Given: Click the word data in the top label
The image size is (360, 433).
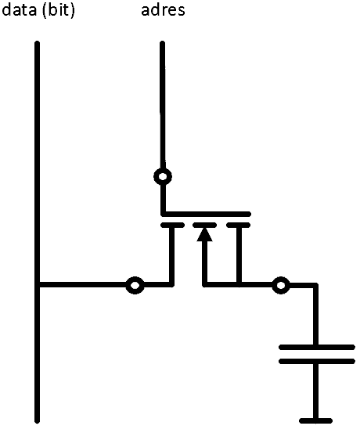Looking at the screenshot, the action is tap(20, 10).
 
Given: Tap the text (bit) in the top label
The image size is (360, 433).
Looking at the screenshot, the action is tap(59, 11).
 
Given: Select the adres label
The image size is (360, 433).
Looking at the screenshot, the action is tap(163, 10).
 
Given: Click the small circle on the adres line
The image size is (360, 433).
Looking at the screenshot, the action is tap(163, 176).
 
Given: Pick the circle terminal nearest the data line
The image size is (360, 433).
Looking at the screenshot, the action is tap(135, 285).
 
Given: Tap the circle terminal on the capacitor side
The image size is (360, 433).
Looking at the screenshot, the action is tap(281, 285).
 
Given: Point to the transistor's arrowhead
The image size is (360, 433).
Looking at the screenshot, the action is tap(204, 234).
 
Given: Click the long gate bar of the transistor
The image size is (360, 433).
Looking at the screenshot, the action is tap(206, 214).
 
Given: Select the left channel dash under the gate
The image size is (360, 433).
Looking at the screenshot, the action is tap(172, 225).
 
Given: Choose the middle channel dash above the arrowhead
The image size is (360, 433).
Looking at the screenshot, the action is tap(204, 225).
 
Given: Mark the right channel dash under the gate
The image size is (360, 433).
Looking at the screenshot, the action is tap(239, 225).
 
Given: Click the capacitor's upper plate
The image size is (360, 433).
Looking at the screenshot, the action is tap(317, 347).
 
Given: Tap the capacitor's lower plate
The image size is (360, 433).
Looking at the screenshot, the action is tap(317, 361).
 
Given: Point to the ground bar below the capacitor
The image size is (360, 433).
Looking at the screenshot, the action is tap(315, 420).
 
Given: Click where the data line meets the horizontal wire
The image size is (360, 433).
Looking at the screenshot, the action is tap(38, 285).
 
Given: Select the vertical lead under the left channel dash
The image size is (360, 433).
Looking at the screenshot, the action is tap(171, 255).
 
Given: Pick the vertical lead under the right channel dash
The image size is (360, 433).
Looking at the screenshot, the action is tap(239, 255).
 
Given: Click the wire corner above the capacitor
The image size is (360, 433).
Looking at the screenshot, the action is tap(315, 285).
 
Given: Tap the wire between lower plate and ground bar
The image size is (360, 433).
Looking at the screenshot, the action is tap(315, 391).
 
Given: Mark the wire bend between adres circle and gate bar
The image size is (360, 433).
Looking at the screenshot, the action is tap(164, 214).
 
